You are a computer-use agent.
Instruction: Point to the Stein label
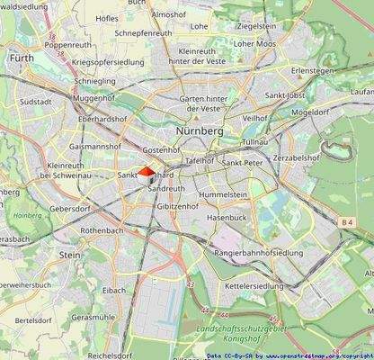click(69, 255)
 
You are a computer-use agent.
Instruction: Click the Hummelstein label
click(223, 194)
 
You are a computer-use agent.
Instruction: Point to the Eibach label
click(114, 290)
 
